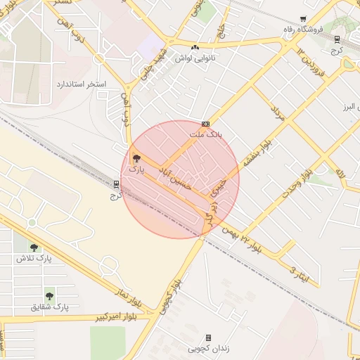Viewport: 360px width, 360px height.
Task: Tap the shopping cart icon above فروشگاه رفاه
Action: click(x=303, y=19)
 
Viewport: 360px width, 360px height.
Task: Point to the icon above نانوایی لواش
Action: click(x=195, y=47)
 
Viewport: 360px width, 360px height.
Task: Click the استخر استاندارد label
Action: click(x=82, y=84)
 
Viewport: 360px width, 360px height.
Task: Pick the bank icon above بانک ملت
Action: click(x=205, y=123)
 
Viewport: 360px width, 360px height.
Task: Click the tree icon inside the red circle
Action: click(x=136, y=159)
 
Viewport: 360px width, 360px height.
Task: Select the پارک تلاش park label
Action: click(x=34, y=258)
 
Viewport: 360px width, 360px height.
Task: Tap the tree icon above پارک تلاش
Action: click(x=34, y=247)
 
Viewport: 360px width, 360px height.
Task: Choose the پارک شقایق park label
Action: click(x=49, y=307)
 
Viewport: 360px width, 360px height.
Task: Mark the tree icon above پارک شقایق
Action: click(x=49, y=296)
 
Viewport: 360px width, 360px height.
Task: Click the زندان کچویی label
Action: click(x=207, y=349)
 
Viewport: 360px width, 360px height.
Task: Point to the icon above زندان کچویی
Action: click(x=208, y=338)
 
